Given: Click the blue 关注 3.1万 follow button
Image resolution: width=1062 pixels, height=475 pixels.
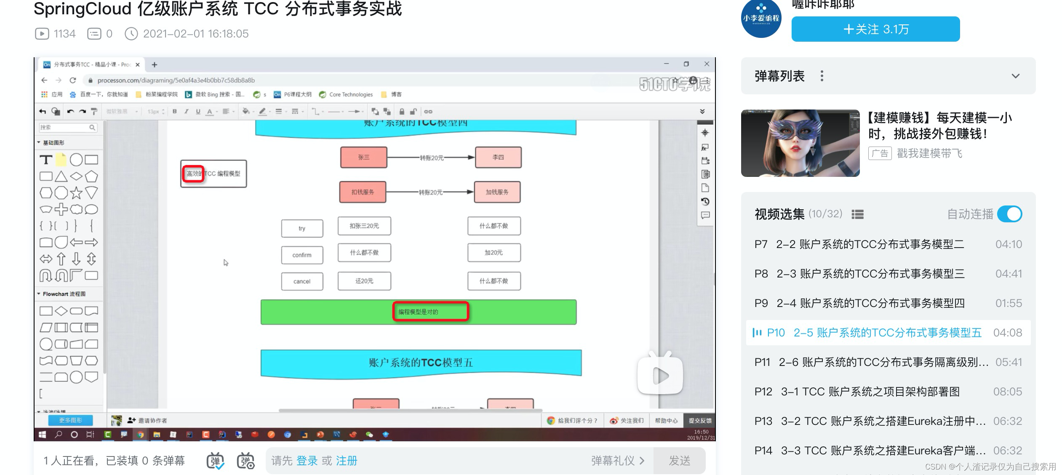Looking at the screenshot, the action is coord(875,29).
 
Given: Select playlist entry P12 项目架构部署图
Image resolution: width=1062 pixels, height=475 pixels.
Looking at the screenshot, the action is coord(870,392).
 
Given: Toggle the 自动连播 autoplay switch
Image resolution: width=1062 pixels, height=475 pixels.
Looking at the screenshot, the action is coord(1010,214).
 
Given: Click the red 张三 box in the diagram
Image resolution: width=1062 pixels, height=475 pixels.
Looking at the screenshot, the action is coord(363,157).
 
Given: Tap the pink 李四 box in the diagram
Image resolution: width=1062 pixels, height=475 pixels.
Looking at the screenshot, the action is coord(498,157).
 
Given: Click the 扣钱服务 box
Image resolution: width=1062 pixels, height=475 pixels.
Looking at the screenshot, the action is coord(363,192).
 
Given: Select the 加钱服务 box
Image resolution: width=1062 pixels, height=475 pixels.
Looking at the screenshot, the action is coord(497,192).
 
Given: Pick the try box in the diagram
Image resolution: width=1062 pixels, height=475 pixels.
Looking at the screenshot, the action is coord(302,228).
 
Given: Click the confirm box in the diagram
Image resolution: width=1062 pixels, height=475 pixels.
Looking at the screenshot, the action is coord(302,255).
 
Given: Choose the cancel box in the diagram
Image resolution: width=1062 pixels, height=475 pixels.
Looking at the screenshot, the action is coord(302,281).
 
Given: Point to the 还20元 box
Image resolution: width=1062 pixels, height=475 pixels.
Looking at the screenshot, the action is coord(364,281).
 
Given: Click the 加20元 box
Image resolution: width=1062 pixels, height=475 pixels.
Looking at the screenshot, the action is coord(494,253).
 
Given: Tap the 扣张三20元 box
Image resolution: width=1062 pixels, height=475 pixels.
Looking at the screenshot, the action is coord(364,226).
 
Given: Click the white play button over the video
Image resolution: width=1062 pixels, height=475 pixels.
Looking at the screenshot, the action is coord(660,375).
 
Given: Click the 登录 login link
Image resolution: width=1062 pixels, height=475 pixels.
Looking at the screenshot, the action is coord(307,461).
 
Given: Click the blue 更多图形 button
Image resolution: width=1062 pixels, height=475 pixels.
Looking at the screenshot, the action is coord(70,420).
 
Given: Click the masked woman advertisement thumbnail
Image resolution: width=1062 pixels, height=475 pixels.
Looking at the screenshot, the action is coord(800,143).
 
